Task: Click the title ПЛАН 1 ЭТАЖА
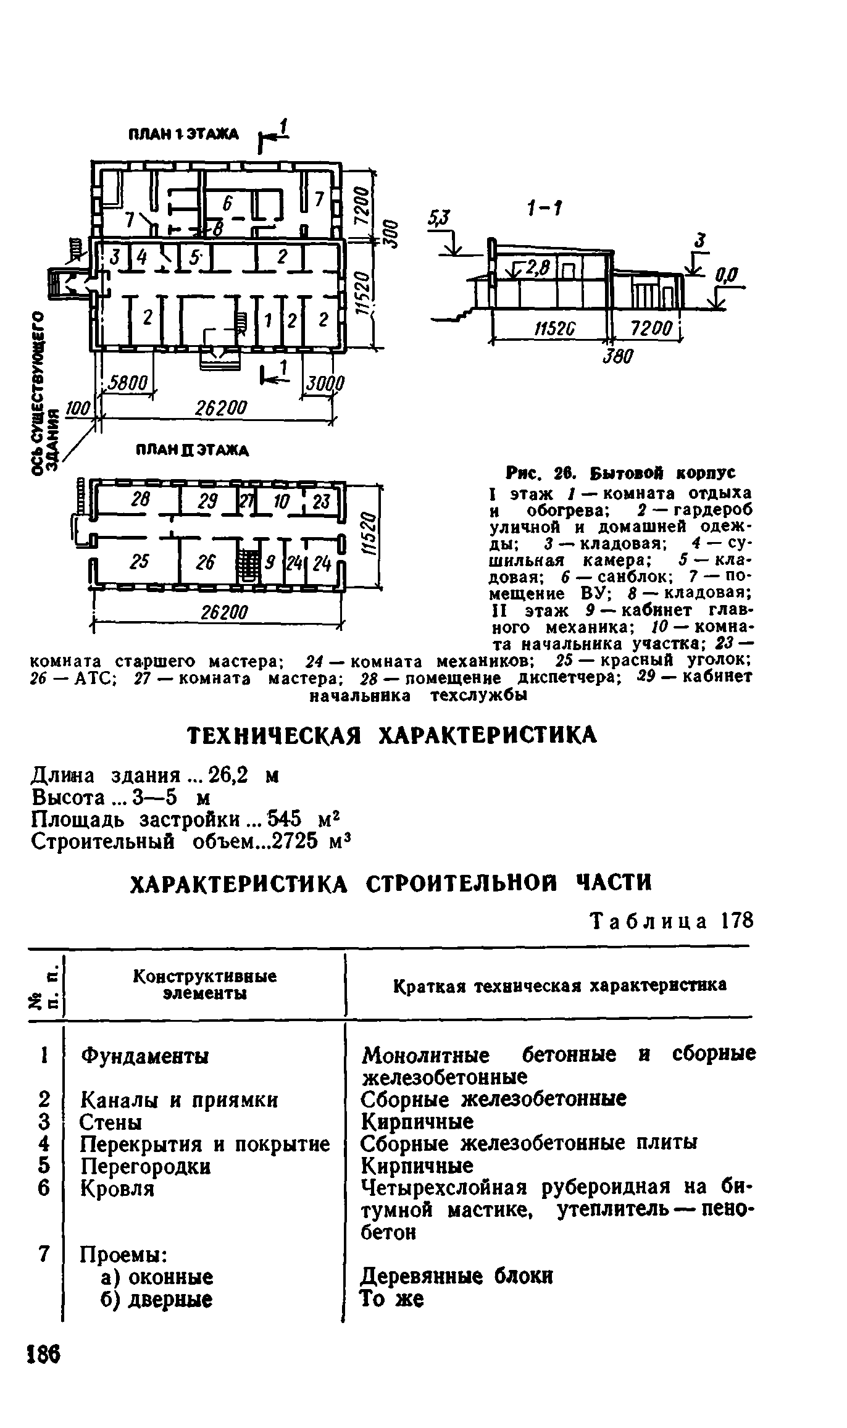pos(183,134)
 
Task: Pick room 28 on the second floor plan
pos(141,499)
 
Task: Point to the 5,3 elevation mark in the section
pos(440,217)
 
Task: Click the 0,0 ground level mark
pos(728,274)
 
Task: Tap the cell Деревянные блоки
pos(456,1276)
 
